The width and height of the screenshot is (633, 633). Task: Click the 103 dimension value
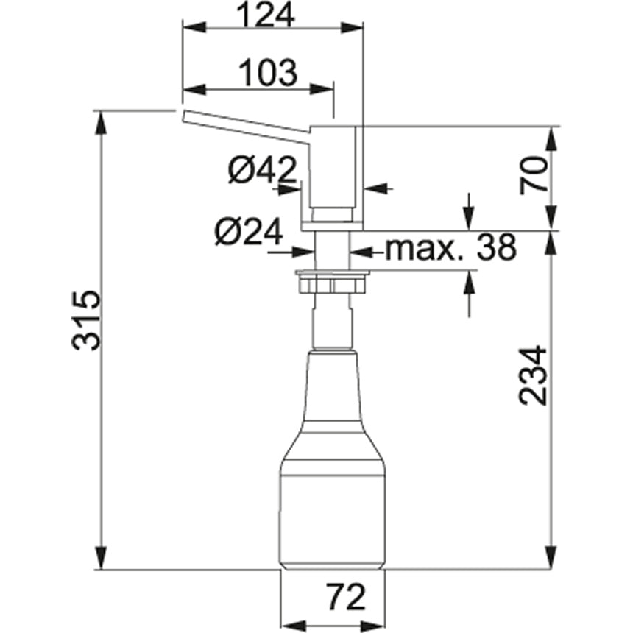[x=268, y=73]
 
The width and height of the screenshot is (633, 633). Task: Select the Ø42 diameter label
[x=263, y=171]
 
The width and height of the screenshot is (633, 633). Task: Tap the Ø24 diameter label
[x=250, y=234]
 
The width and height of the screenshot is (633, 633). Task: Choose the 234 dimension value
[x=534, y=375]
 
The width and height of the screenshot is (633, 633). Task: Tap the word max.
[x=425, y=250]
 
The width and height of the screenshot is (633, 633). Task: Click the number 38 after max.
[x=495, y=250]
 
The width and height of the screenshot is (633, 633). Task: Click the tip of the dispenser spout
[x=184, y=116]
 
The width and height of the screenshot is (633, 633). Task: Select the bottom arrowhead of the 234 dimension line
[x=551, y=561]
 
